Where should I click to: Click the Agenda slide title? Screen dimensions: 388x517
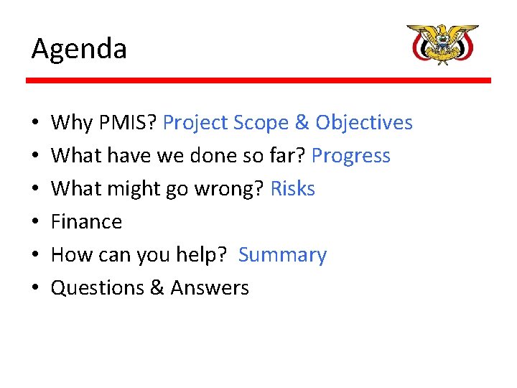tap(79, 50)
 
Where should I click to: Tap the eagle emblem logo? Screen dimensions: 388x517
tap(442, 44)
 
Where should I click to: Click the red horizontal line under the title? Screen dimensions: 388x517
tap(258, 80)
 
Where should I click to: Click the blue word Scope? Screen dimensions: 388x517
tap(261, 123)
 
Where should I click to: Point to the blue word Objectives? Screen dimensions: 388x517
tap(364, 123)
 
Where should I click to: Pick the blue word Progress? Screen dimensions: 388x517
tap(351, 156)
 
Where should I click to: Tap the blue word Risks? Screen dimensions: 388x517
tap(292, 189)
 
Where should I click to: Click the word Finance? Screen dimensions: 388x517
tap(87, 222)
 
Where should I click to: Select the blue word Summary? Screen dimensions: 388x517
tap(282, 255)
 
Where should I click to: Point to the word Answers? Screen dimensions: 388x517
tap(210, 288)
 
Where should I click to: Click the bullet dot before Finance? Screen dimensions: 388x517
tap(36, 223)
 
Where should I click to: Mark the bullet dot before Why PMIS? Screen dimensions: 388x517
tap(36, 124)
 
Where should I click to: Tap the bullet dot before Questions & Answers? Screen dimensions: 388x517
tap(36, 289)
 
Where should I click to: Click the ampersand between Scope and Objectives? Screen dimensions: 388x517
tap(302, 123)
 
